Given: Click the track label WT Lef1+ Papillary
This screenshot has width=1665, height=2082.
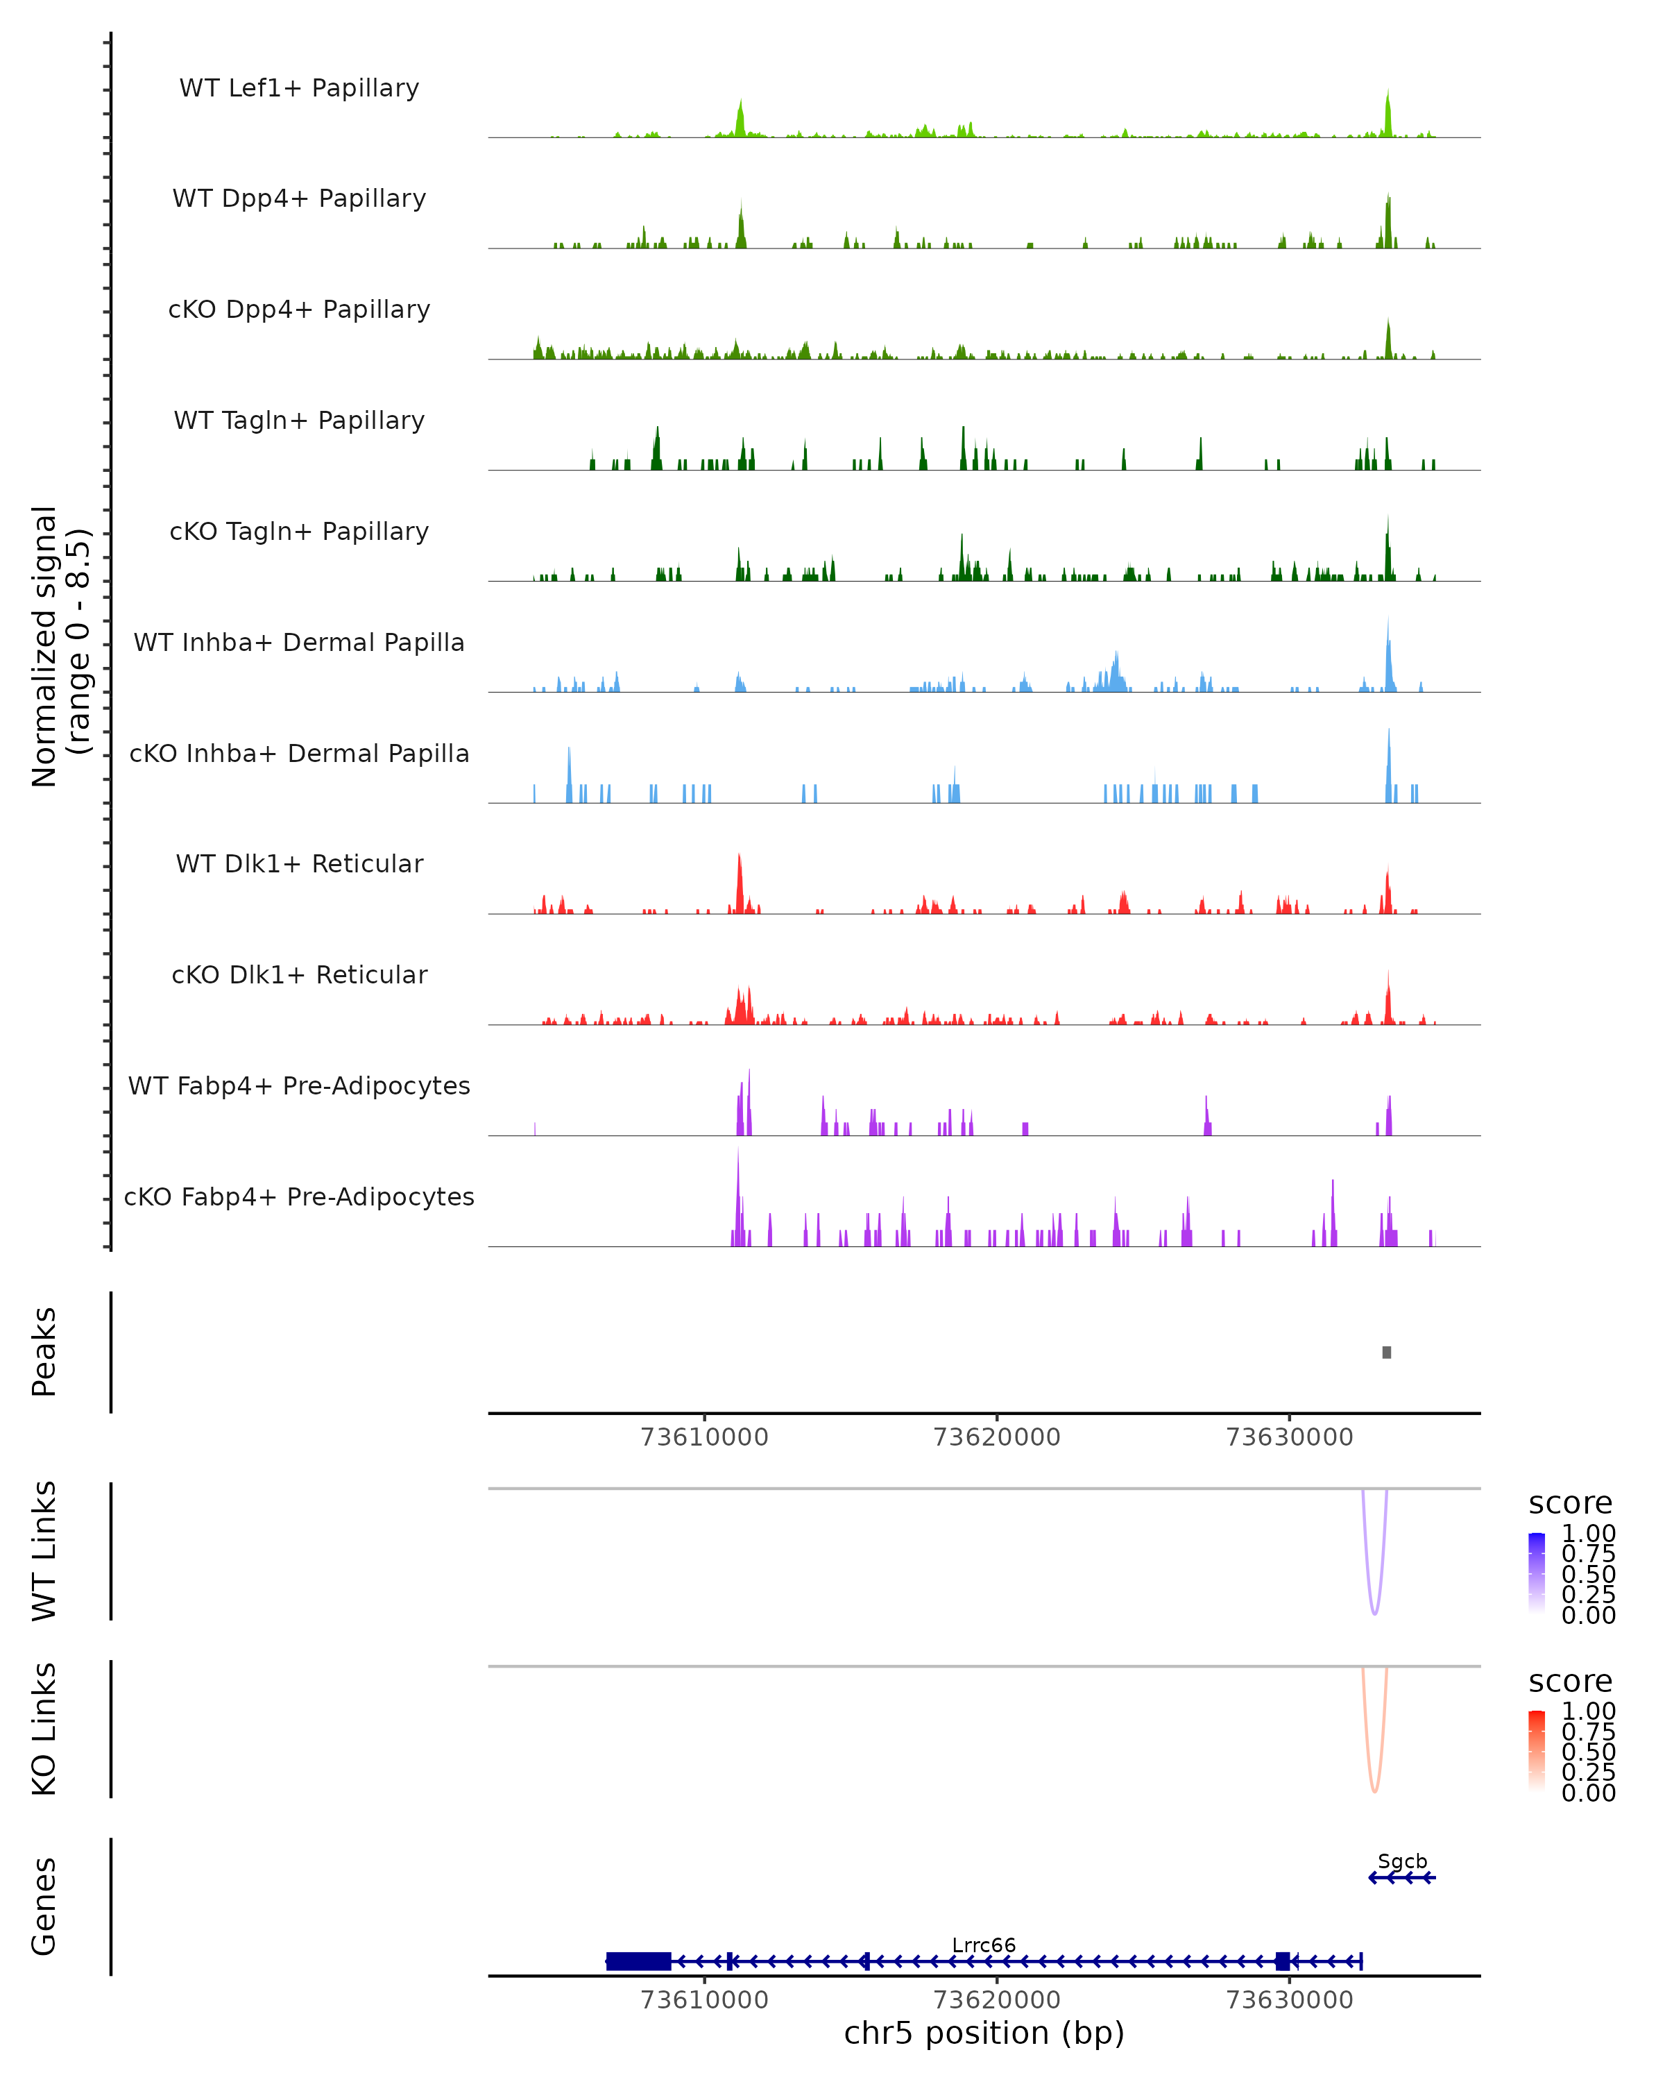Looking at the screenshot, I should click(x=299, y=88).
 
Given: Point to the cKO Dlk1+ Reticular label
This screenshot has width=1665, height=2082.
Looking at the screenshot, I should click(x=299, y=974).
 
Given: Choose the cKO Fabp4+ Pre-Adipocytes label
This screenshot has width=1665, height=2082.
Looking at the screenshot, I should click(x=299, y=1196).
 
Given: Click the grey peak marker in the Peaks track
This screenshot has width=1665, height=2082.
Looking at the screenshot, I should click(x=1386, y=1352).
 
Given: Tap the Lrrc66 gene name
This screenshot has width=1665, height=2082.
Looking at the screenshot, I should click(x=984, y=1945).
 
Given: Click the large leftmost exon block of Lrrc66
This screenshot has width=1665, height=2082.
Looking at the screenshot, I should click(x=639, y=1961).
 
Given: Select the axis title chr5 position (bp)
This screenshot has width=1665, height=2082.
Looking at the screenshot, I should click(x=984, y=2033).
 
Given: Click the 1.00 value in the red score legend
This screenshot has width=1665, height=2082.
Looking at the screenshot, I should click(x=1588, y=1711).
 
